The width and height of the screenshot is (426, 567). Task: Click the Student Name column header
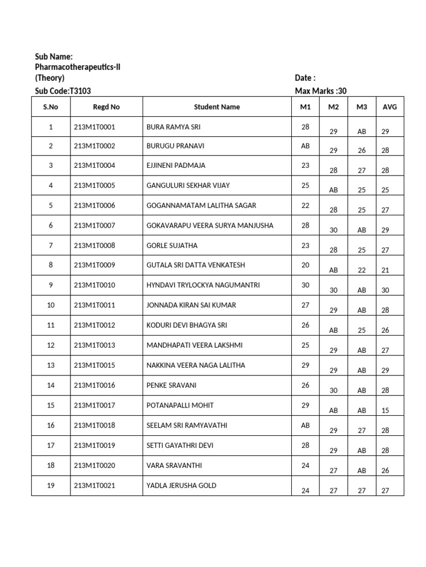(x=217, y=107)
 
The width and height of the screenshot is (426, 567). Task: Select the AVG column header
(x=390, y=107)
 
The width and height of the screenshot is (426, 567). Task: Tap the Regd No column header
(x=106, y=107)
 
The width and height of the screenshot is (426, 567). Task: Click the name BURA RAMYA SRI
(x=174, y=127)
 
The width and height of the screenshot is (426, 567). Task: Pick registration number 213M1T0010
(x=94, y=285)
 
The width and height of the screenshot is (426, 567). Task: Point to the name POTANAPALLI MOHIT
(x=179, y=405)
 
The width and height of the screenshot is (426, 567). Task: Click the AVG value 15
(x=386, y=410)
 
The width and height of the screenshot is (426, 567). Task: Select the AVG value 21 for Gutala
(x=386, y=270)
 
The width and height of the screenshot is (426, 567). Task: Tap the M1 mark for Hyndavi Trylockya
(x=305, y=285)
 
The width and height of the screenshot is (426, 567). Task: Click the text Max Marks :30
(x=321, y=91)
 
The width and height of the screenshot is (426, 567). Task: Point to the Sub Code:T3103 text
(x=63, y=91)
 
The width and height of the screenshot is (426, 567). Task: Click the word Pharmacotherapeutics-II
(x=78, y=67)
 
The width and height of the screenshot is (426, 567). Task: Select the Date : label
(x=305, y=78)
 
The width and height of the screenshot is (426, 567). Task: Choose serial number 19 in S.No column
(x=51, y=486)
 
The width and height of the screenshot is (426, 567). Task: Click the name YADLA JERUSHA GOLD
(x=181, y=486)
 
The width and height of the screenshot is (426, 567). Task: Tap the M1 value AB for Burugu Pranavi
(x=305, y=147)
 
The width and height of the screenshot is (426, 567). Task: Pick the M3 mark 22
(x=362, y=270)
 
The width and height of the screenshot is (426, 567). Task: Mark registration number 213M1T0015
(x=94, y=365)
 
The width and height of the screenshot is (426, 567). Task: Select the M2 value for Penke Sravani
(x=333, y=390)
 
